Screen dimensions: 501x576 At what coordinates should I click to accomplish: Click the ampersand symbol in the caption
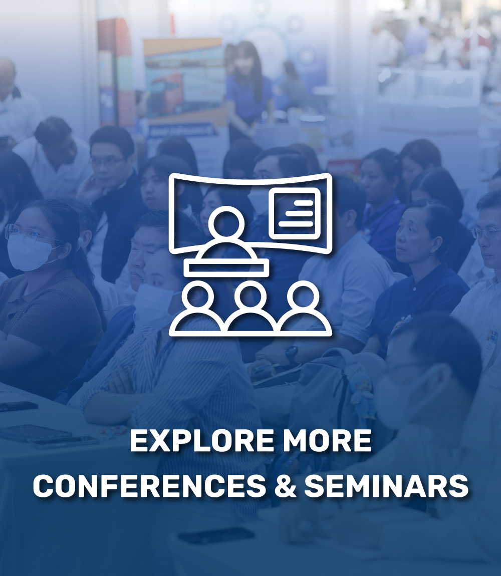pyautogui.click(x=285, y=486)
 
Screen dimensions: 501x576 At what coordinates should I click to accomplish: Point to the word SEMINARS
pyautogui.click(x=386, y=486)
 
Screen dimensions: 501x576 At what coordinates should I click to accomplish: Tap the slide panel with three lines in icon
pyautogui.click(x=295, y=213)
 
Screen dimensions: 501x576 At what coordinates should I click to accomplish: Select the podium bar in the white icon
pyautogui.click(x=226, y=268)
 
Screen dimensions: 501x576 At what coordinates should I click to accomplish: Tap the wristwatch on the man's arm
pyautogui.click(x=292, y=354)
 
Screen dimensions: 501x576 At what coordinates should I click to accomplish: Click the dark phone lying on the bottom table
pyautogui.click(x=216, y=535)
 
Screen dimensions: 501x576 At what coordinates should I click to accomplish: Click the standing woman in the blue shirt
pyautogui.click(x=247, y=92)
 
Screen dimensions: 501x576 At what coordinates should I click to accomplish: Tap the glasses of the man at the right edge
pyautogui.click(x=486, y=233)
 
